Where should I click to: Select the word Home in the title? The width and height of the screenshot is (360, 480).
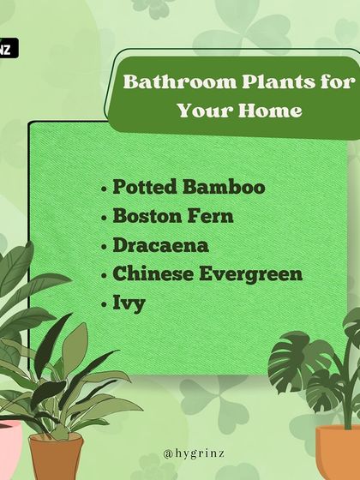(x=271, y=111)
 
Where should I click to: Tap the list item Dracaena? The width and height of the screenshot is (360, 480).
(x=160, y=245)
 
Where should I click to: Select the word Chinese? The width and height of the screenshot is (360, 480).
(x=155, y=274)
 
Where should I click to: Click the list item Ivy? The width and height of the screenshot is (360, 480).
(x=129, y=304)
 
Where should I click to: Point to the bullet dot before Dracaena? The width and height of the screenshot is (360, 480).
(x=105, y=247)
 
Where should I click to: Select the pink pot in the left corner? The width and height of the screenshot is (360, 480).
(x=9, y=450)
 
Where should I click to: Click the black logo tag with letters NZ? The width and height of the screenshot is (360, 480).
(x=7, y=49)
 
